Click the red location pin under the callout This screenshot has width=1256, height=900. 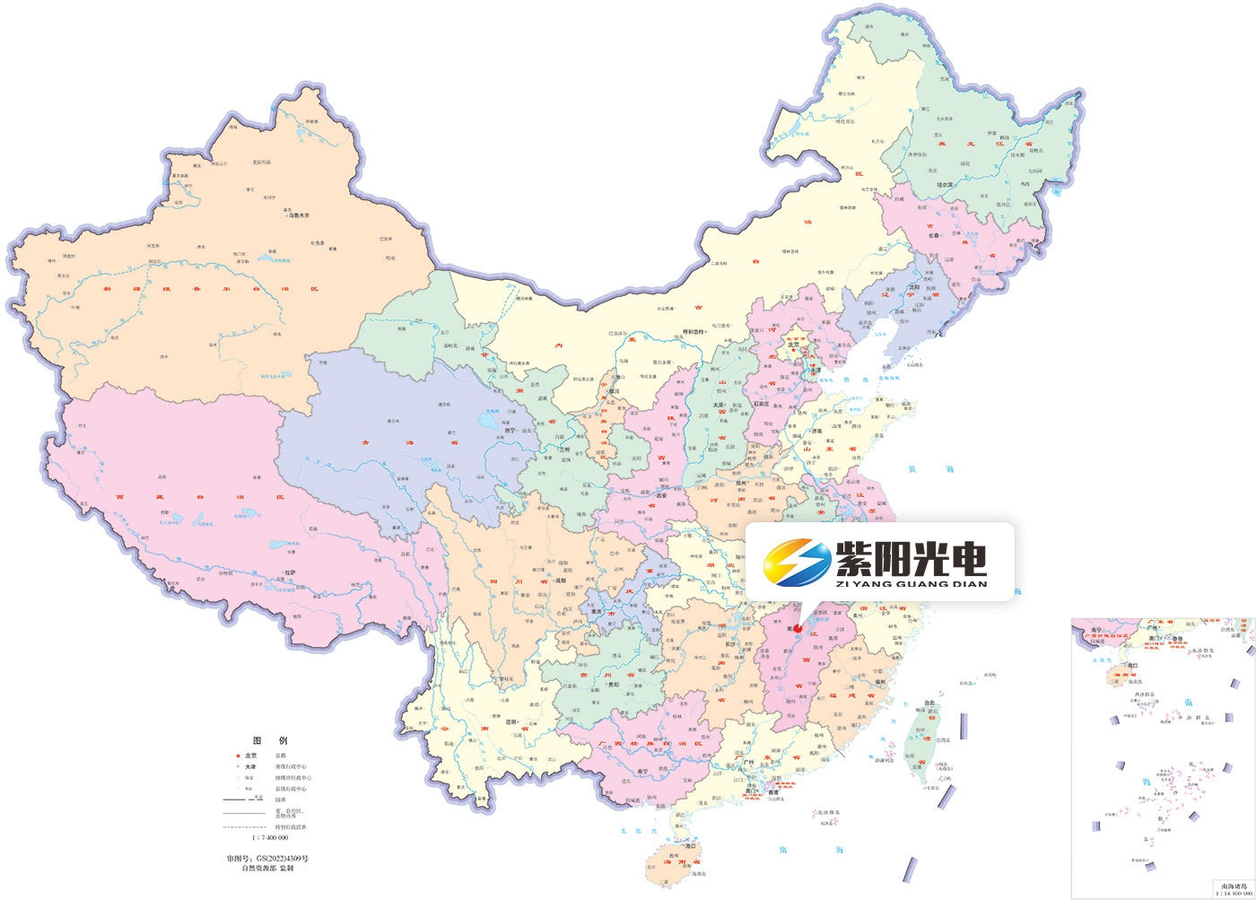tap(797, 628)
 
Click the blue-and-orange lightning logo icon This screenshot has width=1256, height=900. tap(797, 562)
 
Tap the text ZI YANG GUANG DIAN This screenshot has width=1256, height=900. tap(911, 584)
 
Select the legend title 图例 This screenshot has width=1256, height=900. tap(269, 741)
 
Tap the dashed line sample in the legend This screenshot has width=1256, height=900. tap(243, 826)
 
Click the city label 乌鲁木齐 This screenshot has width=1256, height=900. tap(298, 215)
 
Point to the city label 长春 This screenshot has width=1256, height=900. tap(934, 235)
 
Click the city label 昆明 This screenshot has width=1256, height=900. tap(512, 721)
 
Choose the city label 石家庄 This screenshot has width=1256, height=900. tap(763, 405)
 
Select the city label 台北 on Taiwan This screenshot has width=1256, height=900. tap(931, 703)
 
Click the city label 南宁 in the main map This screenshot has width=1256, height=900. tap(641, 771)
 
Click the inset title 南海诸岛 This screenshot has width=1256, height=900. tap(1233, 884)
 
